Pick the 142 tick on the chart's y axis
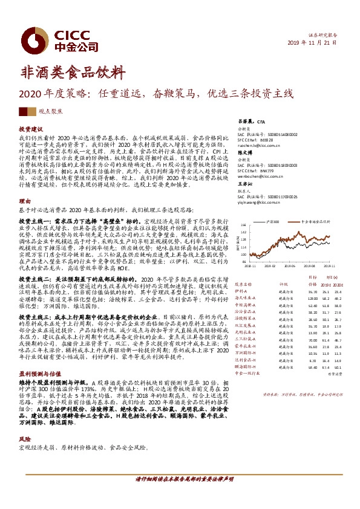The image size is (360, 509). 244,232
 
